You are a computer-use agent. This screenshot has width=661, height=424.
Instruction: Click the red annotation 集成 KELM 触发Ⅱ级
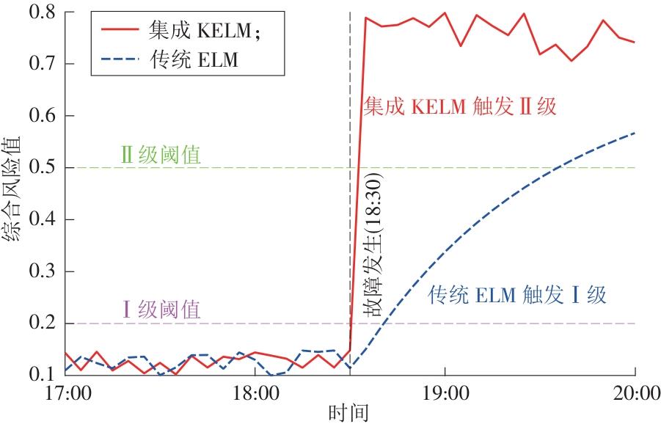point(461,107)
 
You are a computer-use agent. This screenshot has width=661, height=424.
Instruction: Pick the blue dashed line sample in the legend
point(127,59)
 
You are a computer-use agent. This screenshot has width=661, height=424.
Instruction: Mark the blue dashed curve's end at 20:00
point(634,133)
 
